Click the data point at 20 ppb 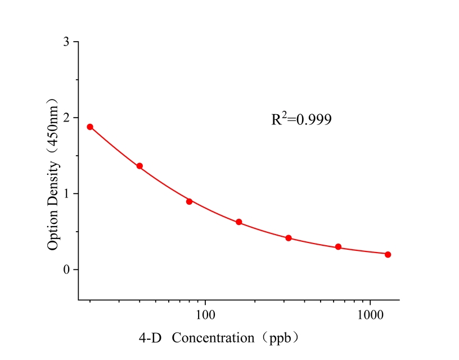pos(90,127)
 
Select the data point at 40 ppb pos(139,166)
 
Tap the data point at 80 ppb pos(190,201)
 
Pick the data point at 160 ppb pos(239,222)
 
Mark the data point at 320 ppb pos(289,238)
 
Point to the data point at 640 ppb pos(338,247)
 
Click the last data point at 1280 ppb pos(388,254)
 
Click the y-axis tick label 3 pos(67,42)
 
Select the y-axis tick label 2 pos(67,118)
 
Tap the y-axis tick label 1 pos(67,194)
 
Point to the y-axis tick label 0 pos(67,270)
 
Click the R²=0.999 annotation pos(301,119)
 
